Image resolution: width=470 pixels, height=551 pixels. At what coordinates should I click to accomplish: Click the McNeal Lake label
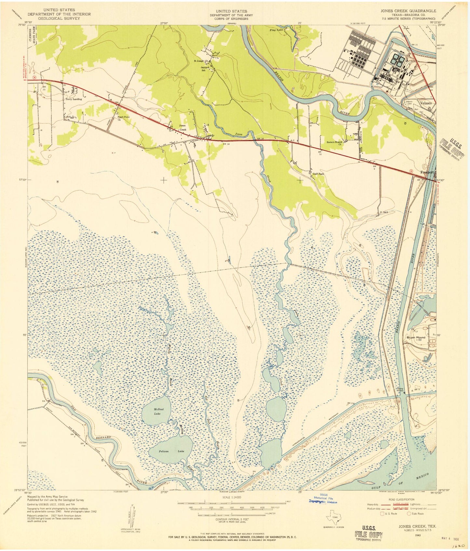[x=157, y=411]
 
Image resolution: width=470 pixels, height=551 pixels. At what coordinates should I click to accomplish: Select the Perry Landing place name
[x=74, y=99]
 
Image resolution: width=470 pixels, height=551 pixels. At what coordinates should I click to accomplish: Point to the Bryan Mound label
[x=416, y=337]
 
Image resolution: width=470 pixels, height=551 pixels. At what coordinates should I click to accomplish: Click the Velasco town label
[x=426, y=103]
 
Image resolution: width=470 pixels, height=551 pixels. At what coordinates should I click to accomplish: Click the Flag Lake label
[x=277, y=30]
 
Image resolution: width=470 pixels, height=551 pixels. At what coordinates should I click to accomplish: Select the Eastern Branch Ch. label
[x=336, y=143]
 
